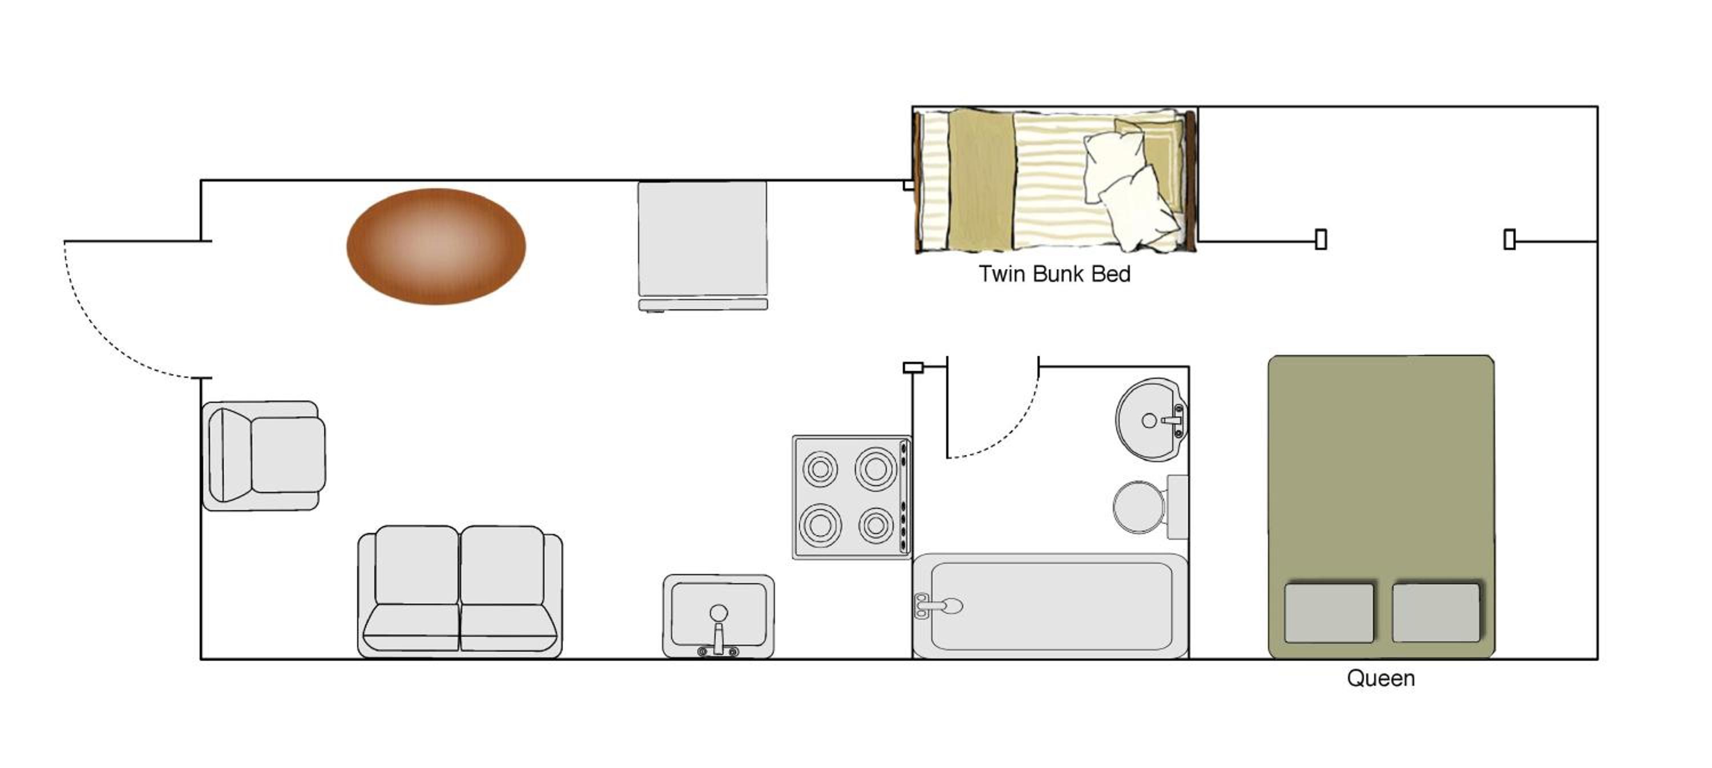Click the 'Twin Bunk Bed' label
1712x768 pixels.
pyautogui.click(x=1054, y=274)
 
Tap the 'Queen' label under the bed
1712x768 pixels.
pyautogui.click(x=1380, y=678)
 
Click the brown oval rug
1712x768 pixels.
pyautogui.click(x=436, y=246)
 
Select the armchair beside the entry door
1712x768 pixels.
pyautogui.click(x=264, y=456)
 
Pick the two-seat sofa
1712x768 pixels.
pyautogui.click(x=460, y=591)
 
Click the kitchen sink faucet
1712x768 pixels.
pyautogui.click(x=718, y=631)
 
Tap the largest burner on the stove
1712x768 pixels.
pyautogui.click(x=875, y=468)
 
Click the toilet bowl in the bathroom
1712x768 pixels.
pyautogui.click(x=1139, y=507)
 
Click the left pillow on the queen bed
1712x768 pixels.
pyautogui.click(x=1329, y=613)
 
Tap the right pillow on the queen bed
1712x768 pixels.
pyautogui.click(x=1436, y=613)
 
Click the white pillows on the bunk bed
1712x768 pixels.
pyautogui.click(x=1132, y=190)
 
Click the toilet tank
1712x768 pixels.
pyautogui.click(x=1178, y=507)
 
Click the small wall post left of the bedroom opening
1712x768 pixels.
pyautogui.click(x=1321, y=239)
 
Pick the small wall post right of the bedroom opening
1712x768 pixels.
pyautogui.click(x=1510, y=239)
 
